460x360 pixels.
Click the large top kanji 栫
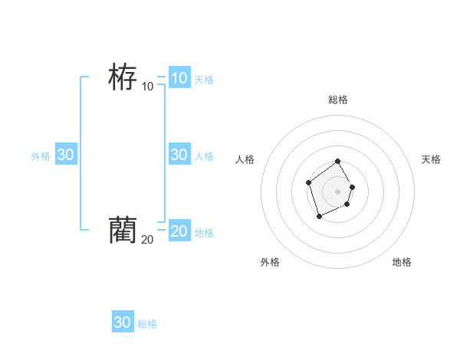click(x=123, y=77)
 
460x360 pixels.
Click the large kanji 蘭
click(x=123, y=230)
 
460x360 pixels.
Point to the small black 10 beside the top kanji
click(x=147, y=86)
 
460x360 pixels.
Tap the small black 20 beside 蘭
click(x=147, y=239)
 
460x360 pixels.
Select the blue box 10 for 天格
click(x=179, y=77)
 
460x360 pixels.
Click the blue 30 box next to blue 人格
click(x=179, y=154)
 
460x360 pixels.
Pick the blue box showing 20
click(x=179, y=231)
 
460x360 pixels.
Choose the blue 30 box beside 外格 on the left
click(x=65, y=154)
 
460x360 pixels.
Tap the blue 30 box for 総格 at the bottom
click(x=123, y=322)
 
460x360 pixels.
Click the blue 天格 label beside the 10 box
click(x=204, y=80)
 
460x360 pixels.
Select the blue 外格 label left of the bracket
click(x=41, y=156)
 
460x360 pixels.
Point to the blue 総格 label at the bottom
click(x=147, y=325)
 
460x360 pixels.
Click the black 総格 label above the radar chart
click(x=338, y=100)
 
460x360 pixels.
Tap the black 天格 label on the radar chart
click(x=431, y=159)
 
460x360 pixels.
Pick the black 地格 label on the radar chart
click(x=402, y=262)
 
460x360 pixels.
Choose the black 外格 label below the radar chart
click(x=270, y=262)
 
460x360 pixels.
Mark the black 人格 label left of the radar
click(x=245, y=159)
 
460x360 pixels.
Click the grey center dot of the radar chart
click(x=337, y=191)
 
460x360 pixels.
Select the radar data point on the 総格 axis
click(x=338, y=162)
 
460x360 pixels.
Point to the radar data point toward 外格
click(x=320, y=217)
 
